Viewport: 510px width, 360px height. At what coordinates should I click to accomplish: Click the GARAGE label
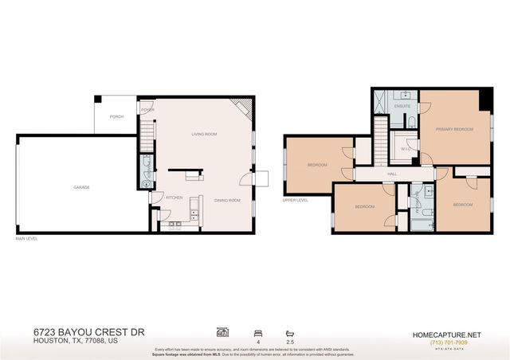(81, 187)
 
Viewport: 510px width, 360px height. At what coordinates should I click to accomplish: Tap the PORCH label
(116, 116)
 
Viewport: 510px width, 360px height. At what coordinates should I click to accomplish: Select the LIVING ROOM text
(204, 134)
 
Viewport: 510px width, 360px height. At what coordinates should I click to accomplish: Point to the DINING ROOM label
(227, 200)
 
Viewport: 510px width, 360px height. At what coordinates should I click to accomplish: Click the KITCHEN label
(175, 197)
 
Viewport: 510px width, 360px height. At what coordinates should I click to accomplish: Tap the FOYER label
(148, 111)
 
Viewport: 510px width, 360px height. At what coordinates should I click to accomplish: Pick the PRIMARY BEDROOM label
(454, 129)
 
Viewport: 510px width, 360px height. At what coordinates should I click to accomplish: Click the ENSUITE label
(402, 105)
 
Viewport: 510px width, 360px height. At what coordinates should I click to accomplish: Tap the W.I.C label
(405, 148)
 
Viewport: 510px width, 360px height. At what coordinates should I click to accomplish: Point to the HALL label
(392, 173)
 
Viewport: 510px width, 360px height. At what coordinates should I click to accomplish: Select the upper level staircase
(382, 143)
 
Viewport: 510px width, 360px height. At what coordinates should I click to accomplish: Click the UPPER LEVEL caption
(295, 200)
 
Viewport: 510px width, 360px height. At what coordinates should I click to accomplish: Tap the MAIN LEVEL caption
(26, 238)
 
